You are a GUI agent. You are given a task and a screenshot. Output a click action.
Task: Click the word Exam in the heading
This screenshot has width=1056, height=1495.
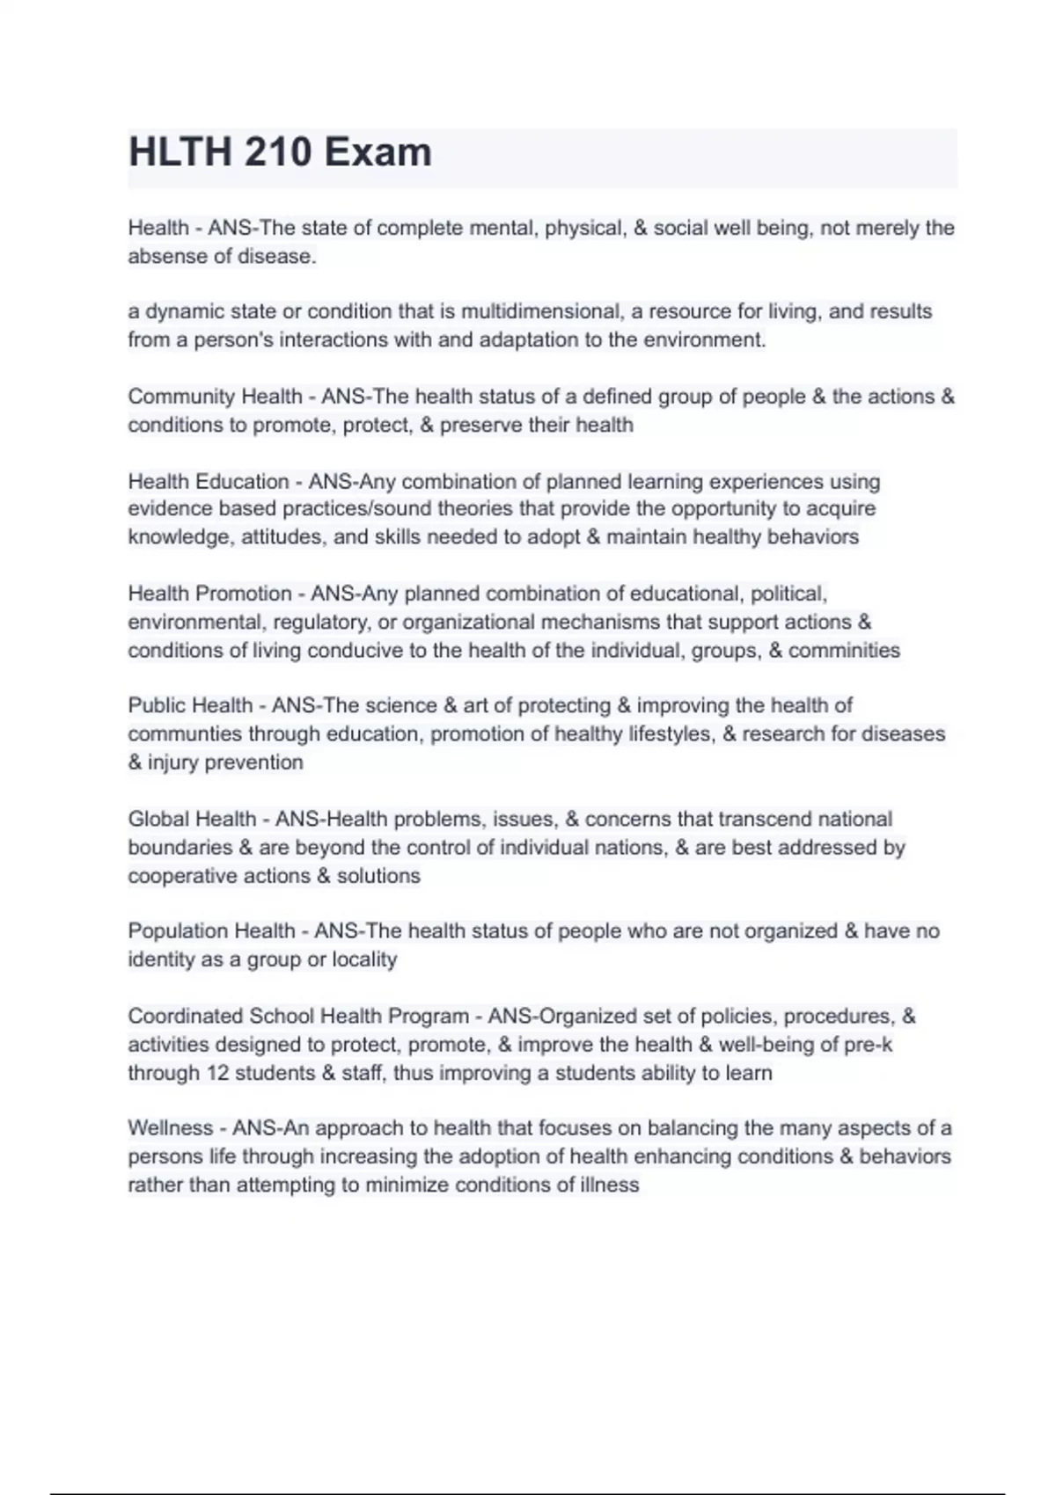click(378, 153)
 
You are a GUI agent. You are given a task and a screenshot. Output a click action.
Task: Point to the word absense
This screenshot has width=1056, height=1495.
click(165, 257)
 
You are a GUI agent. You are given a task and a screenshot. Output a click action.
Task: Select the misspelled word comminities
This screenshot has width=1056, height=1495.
click(844, 651)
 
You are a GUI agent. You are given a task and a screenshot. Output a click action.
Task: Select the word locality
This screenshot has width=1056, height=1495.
click(364, 959)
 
